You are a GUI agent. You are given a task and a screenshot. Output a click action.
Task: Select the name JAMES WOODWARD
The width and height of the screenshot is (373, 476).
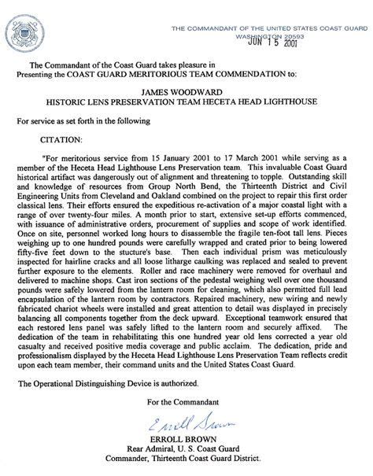(x=186, y=91)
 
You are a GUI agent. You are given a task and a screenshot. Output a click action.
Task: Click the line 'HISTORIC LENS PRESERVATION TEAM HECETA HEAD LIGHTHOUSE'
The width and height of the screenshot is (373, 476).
(x=186, y=102)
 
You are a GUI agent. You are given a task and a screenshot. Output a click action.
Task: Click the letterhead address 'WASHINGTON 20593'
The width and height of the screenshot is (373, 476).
(x=264, y=35)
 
